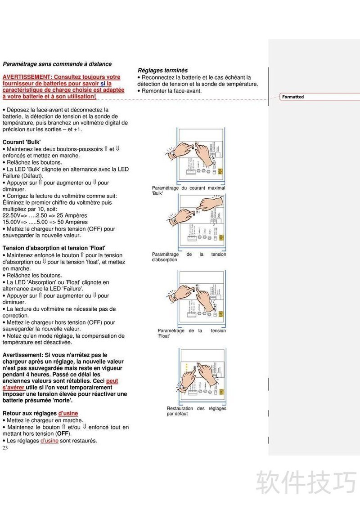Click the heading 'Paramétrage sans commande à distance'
57,64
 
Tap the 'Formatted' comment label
293,97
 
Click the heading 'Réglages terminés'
162,70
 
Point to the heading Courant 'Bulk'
22,142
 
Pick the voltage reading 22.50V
12,215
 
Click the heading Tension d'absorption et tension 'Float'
54,248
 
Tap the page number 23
5,448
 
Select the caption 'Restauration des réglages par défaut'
196,411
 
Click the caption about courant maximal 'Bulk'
189,190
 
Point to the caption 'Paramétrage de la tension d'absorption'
189,257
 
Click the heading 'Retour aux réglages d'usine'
40,413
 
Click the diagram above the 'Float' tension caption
201,296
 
